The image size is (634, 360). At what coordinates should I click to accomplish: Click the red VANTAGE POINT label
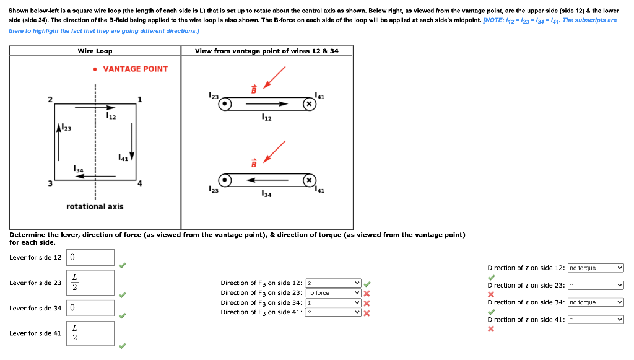(x=135, y=69)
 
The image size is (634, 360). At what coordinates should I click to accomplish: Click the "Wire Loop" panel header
(x=95, y=51)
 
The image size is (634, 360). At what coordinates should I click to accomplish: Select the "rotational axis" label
(x=95, y=206)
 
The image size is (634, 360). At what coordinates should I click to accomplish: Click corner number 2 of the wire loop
(x=50, y=99)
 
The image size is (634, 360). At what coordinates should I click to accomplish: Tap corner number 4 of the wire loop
(x=139, y=183)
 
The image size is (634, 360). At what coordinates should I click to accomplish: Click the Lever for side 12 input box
(x=90, y=257)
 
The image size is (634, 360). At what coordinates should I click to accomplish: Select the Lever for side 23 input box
(x=90, y=283)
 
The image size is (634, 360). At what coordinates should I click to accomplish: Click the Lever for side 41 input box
(x=90, y=333)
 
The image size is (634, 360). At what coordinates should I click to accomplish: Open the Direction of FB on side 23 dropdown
(x=333, y=293)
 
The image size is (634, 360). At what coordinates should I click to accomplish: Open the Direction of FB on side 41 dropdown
(x=333, y=312)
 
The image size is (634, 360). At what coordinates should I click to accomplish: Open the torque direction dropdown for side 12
(x=596, y=268)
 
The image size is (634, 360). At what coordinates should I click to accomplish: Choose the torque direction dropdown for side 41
(x=596, y=320)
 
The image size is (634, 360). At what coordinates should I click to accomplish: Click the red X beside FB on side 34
(x=367, y=303)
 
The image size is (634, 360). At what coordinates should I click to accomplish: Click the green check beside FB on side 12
(x=367, y=284)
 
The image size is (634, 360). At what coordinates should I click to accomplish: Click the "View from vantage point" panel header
(x=267, y=51)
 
